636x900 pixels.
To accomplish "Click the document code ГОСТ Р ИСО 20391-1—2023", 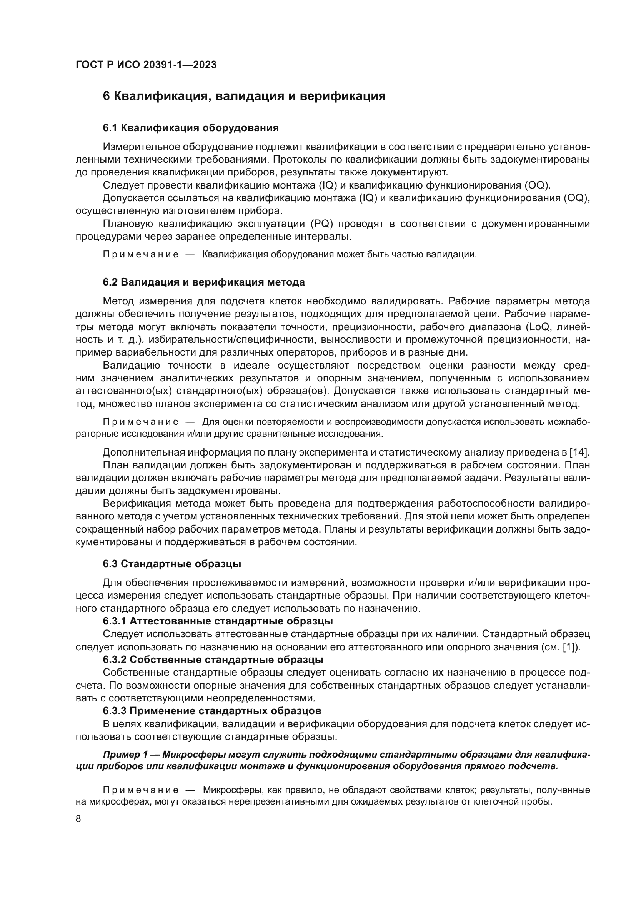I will coord(146,65).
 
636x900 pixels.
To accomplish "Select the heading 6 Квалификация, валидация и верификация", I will coord(244,96).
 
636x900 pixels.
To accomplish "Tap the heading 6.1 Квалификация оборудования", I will coord(191,128).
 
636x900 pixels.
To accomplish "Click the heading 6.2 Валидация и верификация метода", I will coord(204,282).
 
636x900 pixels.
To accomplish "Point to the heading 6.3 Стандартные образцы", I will coord(172,564).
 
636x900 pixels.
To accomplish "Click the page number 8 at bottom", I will coord(78,819).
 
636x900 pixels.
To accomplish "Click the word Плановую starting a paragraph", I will coord(128,224).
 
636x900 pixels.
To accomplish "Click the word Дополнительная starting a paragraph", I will coord(143,453).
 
